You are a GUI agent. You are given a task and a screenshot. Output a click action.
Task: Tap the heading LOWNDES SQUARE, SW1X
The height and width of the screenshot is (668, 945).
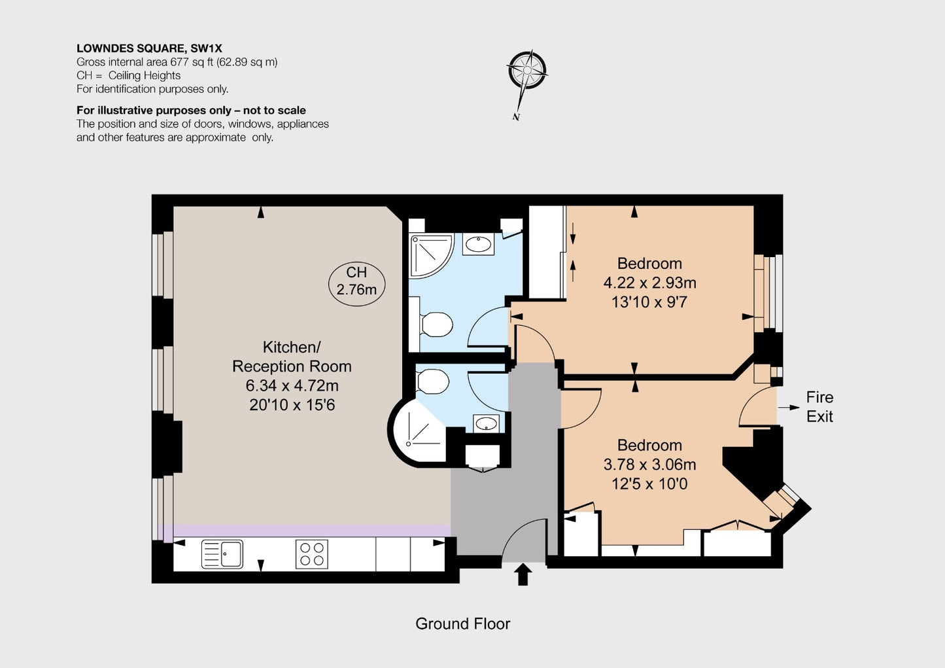pos(149,48)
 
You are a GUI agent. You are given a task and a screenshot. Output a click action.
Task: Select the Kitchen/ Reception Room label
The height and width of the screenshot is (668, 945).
pos(292,357)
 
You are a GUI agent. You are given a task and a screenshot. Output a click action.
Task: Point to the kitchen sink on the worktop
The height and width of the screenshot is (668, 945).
pos(222,554)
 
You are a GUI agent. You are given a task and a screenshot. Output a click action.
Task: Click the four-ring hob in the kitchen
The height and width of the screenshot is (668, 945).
pos(312,554)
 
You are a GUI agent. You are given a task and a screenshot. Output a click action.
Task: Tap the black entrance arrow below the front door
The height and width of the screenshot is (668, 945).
pos(523,574)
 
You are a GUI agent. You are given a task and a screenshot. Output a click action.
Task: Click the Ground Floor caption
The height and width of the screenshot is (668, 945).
pos(463,624)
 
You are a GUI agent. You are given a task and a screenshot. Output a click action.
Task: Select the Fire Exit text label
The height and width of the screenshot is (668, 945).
pos(819,407)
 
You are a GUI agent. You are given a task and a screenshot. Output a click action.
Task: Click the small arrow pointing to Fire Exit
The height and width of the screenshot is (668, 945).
pos(789,407)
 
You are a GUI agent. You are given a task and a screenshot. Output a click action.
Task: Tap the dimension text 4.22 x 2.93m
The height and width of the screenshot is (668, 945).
pos(649,282)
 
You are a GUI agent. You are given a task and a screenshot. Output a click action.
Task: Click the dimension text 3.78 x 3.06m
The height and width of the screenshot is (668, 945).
pos(649,464)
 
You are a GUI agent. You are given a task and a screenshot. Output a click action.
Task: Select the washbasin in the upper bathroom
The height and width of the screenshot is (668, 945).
pos(479,244)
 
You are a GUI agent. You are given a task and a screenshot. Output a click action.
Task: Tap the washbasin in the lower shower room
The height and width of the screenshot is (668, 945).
pos(486,423)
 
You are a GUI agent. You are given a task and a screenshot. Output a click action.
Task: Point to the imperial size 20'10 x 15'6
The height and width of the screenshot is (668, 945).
pos(292,405)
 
